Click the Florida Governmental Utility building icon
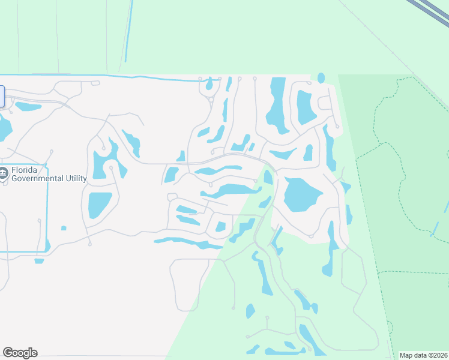4,173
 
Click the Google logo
20,353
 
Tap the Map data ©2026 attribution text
423,355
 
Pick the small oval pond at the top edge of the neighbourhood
321,78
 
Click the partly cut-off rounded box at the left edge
2,97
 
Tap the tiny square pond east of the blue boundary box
64,228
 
